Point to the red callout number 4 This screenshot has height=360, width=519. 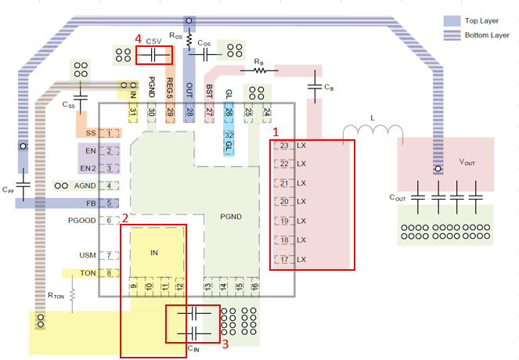coord(139,38)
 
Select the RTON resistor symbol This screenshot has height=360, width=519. coord(72,295)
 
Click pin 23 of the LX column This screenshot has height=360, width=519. coord(284,146)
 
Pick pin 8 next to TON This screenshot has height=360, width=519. coord(113,273)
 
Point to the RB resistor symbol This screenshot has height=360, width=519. coord(258,70)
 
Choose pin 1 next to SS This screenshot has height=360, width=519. coord(113,134)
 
